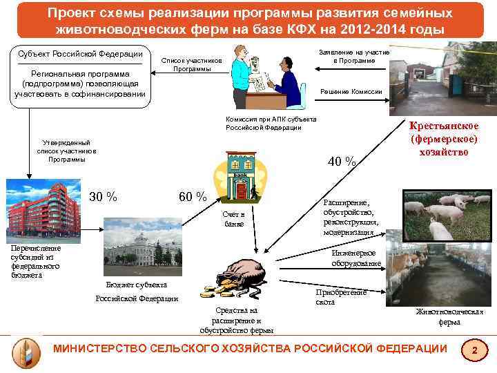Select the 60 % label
click(x=193, y=196)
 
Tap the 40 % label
click(x=342, y=162)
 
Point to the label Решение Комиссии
click(x=352, y=92)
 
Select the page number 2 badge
click(x=474, y=351)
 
